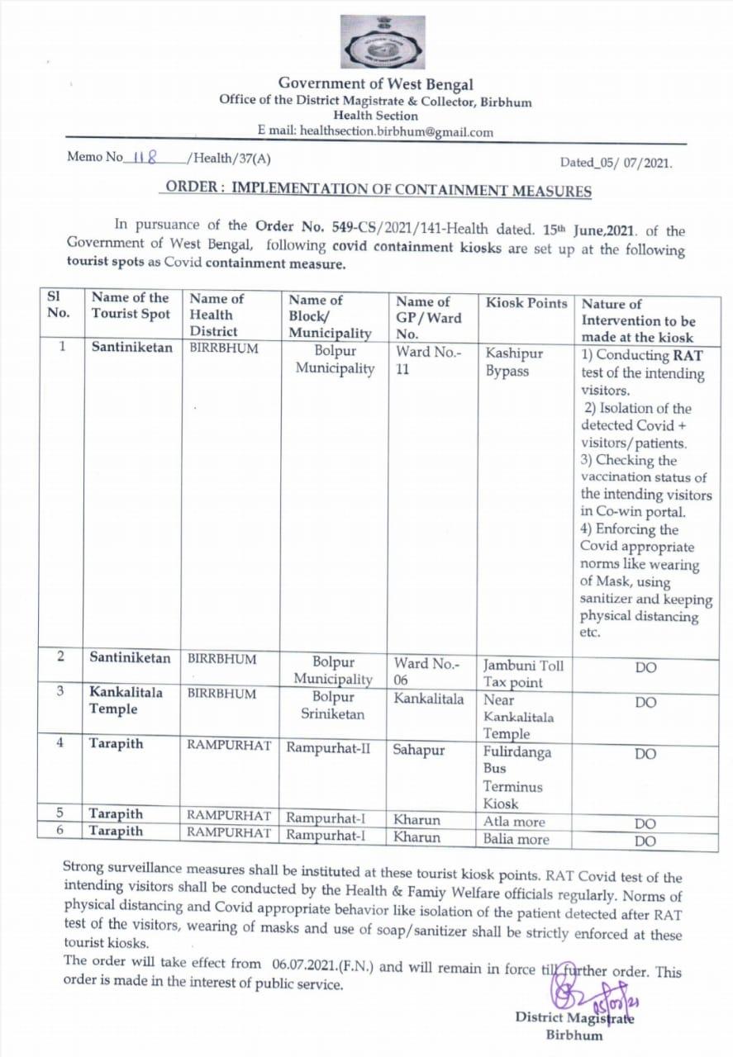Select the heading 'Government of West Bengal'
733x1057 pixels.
point(376,83)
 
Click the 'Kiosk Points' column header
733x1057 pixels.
point(526,303)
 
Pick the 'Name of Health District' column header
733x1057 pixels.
point(217,315)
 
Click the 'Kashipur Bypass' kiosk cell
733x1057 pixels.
point(514,363)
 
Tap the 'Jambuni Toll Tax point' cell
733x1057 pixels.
point(523,673)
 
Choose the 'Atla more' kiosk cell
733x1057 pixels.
point(514,822)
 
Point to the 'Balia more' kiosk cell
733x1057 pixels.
point(516,839)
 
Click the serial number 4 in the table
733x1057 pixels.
point(60,743)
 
